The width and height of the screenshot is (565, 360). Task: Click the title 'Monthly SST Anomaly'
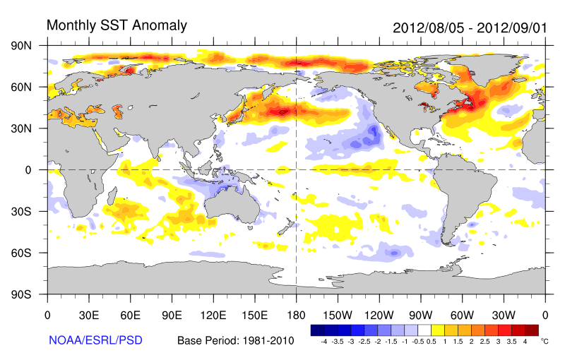117,25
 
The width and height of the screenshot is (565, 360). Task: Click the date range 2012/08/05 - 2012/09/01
469,28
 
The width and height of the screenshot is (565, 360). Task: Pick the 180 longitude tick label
296,314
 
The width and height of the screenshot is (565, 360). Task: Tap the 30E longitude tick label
88,314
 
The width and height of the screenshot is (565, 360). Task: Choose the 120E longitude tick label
213,314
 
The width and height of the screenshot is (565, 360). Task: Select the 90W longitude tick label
420,314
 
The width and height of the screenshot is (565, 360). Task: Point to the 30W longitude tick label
504,314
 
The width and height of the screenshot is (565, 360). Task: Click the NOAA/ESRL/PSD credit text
95,340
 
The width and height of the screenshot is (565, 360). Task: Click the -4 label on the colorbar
323,341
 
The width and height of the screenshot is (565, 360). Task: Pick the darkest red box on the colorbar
532,330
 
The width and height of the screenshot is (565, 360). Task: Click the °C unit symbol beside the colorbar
545,340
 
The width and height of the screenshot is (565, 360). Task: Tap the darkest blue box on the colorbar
317,330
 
